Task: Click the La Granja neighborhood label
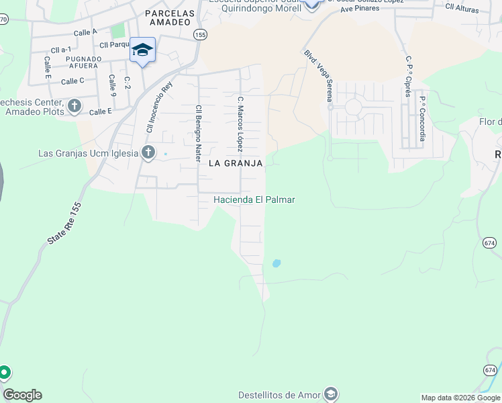pyautogui.click(x=235, y=163)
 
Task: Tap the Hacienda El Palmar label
pyautogui.click(x=254, y=199)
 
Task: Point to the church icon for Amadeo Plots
pyautogui.click(x=74, y=105)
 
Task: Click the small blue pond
pyautogui.click(x=276, y=263)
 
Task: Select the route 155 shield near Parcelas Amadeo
pyautogui.click(x=199, y=34)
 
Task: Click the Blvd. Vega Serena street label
pyautogui.click(x=318, y=78)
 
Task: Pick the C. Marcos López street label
pyautogui.click(x=240, y=124)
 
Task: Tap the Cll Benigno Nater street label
pyautogui.click(x=198, y=132)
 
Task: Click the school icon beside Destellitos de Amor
pyautogui.click(x=330, y=394)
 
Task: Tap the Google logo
pyautogui.click(x=22, y=395)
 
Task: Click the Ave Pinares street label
pyautogui.click(x=360, y=9)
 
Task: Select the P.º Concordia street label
pyautogui.click(x=423, y=119)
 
